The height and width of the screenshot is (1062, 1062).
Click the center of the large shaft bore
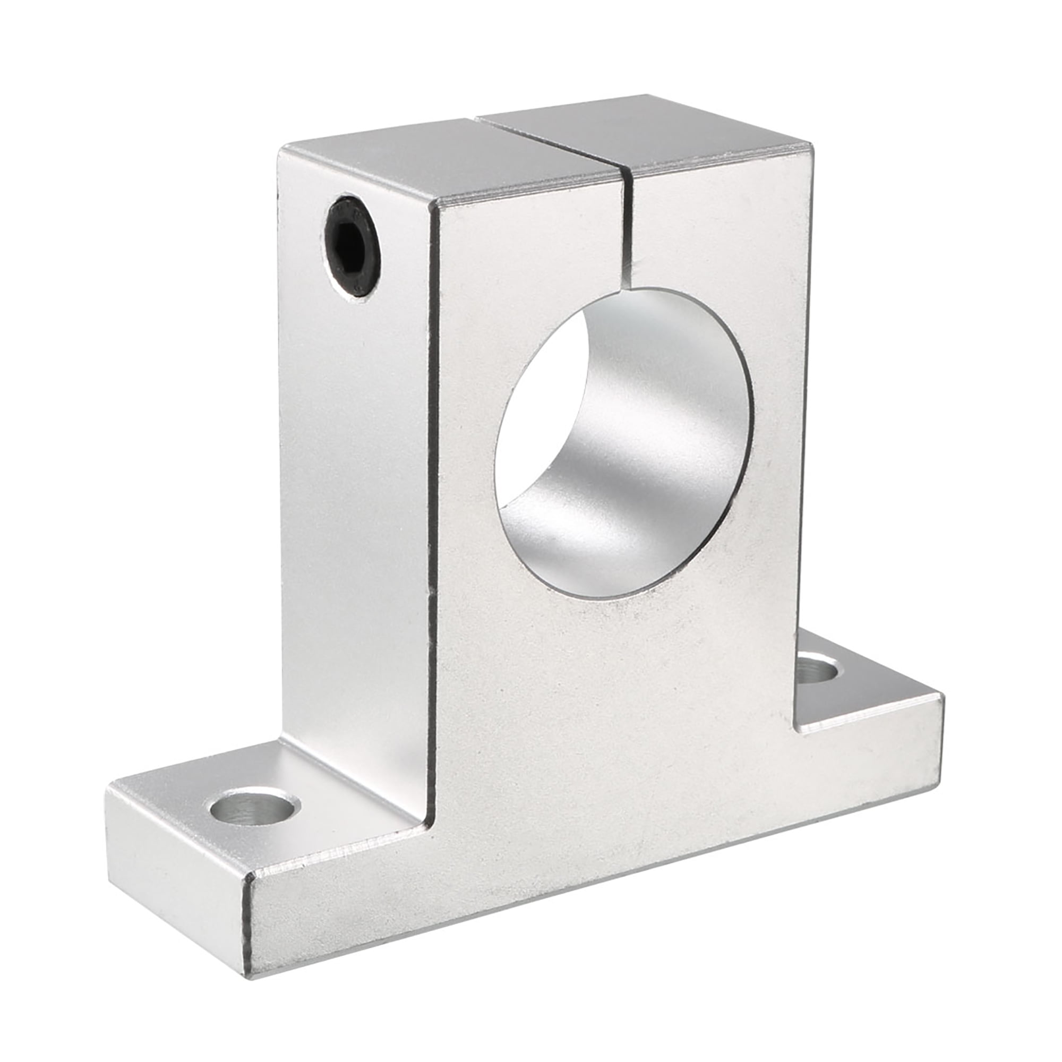(x=624, y=446)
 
